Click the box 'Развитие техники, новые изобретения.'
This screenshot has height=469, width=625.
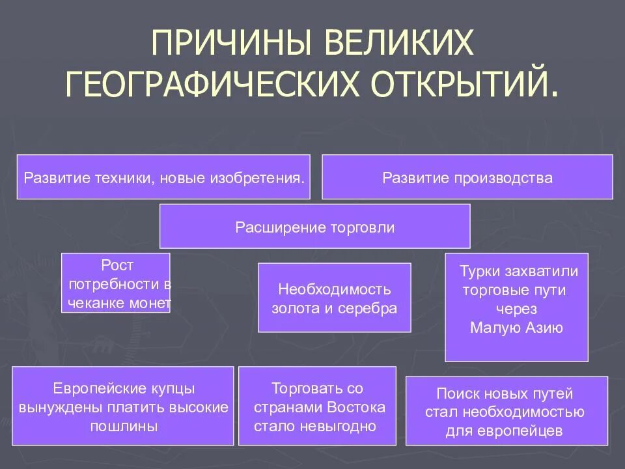[163, 177]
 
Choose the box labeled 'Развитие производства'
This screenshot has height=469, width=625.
[467, 177]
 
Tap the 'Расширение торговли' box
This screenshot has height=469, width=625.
[314, 227]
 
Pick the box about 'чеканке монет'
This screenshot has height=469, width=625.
[116, 283]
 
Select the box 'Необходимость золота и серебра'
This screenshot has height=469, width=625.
[335, 298]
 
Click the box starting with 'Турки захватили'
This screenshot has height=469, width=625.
[516, 307]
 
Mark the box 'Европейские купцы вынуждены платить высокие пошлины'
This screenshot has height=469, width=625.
[123, 407]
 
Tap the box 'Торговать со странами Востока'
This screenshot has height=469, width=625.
[317, 407]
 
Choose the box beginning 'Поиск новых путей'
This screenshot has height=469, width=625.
[507, 412]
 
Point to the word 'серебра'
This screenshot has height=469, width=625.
[373, 309]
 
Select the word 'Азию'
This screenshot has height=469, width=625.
[544, 328]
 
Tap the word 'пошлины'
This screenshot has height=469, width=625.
[123, 427]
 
